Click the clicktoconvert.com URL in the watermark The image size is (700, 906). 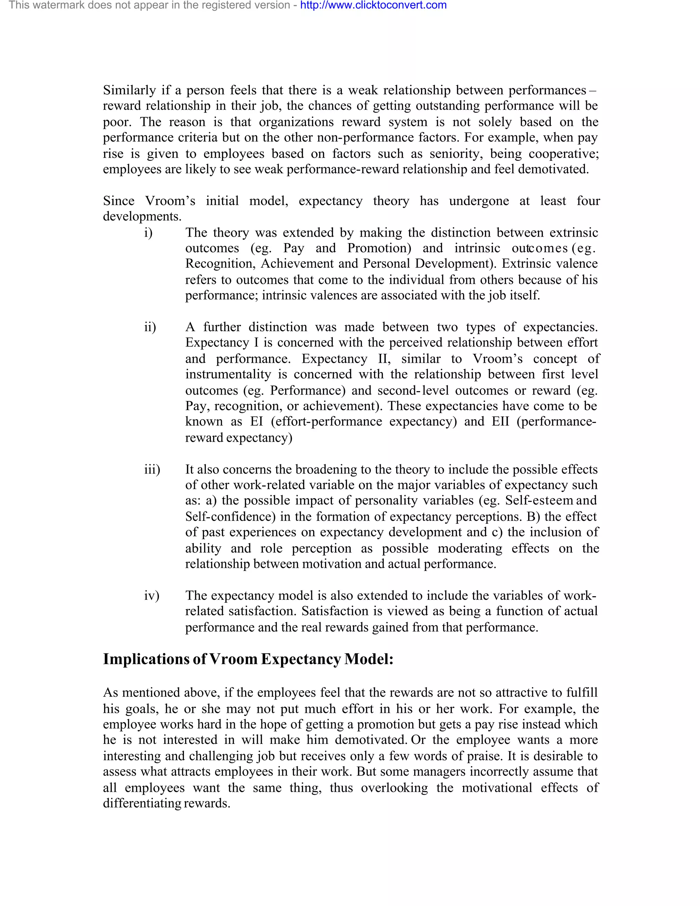(373, 5)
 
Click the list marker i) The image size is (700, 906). (148, 233)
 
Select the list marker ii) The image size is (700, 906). (150, 327)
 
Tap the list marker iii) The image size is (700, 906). (152, 470)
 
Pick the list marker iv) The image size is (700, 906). (152, 596)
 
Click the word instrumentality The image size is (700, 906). (228, 375)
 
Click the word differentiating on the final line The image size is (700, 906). (142, 803)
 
